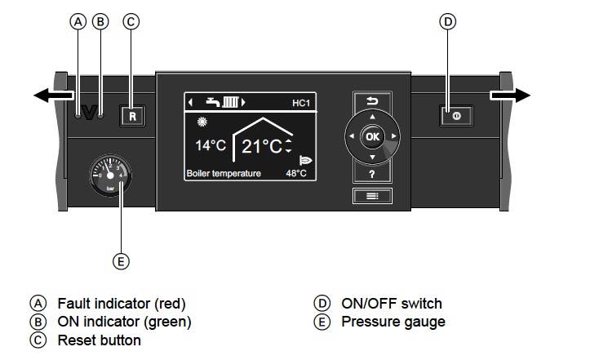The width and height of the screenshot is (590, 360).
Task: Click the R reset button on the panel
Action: point(132,116)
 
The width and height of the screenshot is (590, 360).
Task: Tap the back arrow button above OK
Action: point(372,102)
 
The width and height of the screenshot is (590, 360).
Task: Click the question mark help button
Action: point(372,173)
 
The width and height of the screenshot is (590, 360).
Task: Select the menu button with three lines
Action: point(372,196)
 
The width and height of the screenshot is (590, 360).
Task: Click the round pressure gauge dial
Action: point(109,175)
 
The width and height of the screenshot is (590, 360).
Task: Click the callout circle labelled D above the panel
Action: point(446,22)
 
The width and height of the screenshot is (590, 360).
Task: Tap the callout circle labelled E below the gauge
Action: point(120,261)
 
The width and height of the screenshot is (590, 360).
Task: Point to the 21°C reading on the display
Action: point(260,146)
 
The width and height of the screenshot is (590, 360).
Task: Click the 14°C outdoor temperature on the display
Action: point(210,146)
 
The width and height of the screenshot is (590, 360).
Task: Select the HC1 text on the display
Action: point(303,104)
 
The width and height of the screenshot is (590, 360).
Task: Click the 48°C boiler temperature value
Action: point(295,174)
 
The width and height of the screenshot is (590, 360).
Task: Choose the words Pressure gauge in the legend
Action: point(393,322)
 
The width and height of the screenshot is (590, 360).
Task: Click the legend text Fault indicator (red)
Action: point(127,303)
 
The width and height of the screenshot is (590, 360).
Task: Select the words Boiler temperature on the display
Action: point(223,174)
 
